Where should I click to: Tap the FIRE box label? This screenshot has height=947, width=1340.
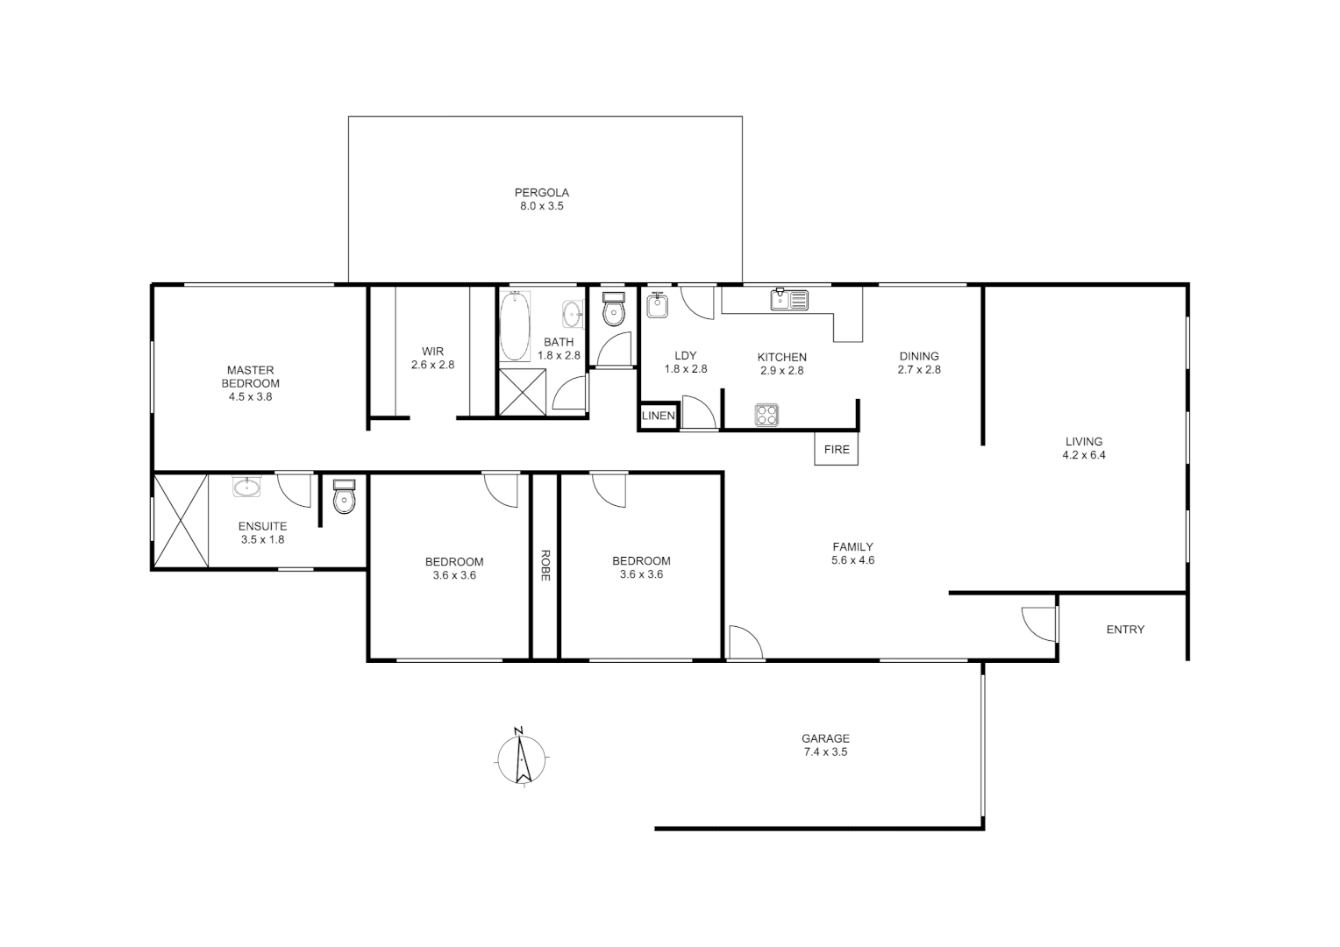(837, 450)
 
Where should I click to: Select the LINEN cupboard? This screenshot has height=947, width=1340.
(659, 416)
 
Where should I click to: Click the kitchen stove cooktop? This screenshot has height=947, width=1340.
(766, 414)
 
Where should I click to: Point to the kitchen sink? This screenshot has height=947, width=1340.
(789, 300)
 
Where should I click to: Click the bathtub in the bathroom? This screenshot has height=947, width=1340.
(514, 326)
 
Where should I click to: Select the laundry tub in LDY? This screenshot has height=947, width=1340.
(658, 304)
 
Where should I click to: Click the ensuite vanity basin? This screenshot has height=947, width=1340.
(247, 487)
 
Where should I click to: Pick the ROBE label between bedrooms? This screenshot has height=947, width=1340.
(545, 566)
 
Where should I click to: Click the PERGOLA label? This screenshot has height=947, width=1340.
(542, 193)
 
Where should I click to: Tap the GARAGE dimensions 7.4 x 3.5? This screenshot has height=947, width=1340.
(825, 752)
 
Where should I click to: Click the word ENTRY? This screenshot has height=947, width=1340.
(1125, 630)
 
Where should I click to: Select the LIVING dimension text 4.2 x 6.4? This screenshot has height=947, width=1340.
(1084, 455)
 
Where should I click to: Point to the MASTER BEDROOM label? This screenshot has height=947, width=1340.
(251, 377)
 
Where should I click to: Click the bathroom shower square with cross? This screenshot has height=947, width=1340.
(523, 391)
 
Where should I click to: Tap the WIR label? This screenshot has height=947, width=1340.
(433, 352)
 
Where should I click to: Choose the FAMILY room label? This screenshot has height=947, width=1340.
(853, 547)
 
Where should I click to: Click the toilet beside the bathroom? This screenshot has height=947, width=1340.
(614, 310)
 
